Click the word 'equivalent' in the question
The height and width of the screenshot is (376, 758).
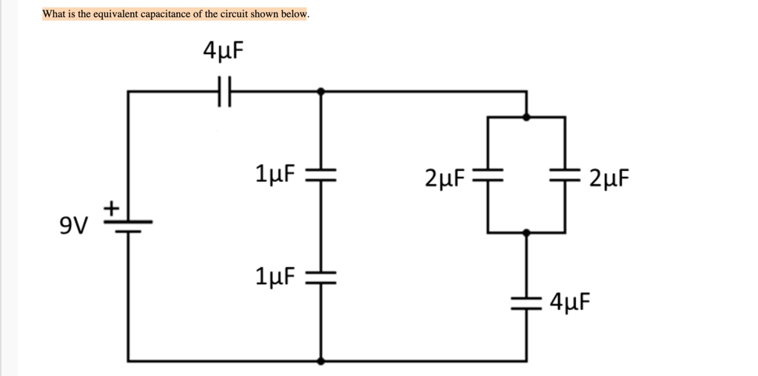pos(113,14)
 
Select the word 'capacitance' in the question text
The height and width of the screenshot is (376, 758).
pos(165,14)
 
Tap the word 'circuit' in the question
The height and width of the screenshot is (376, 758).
pos(229,14)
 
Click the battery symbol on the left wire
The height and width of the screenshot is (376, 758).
pos(128,225)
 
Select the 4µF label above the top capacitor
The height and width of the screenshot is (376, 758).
pos(223,51)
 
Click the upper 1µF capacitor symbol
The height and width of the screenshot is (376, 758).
pos(321,175)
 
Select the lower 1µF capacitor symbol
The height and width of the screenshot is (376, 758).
pos(321,278)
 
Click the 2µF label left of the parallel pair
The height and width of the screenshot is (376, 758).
pos(445,178)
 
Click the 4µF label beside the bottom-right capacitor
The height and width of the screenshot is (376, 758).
pos(571,301)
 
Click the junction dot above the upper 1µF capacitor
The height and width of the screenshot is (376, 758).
pos(321,92)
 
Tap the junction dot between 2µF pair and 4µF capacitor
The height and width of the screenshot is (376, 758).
pos(527,232)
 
